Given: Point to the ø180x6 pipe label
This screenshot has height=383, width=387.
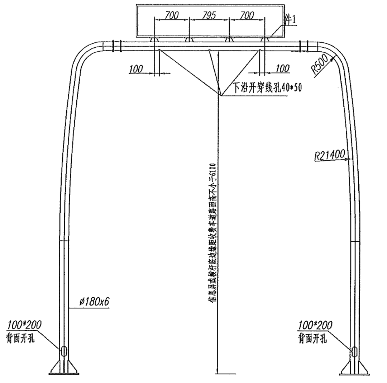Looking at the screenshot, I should pos(94,302).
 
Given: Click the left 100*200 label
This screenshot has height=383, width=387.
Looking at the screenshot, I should pos(24,325).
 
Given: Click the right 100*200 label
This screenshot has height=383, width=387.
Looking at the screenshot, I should pos(315,325).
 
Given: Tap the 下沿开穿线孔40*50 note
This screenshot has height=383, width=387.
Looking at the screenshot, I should pos(267,88).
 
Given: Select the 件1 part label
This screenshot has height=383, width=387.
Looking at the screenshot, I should pos(290,20).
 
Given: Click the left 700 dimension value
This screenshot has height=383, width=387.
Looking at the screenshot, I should pos(171,15).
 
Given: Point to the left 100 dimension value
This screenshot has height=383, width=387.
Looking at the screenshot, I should pos(136,69).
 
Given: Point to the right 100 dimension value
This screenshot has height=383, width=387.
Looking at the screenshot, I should pos(283,69).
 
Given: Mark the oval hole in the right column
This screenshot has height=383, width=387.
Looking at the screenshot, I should pos(354,351).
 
